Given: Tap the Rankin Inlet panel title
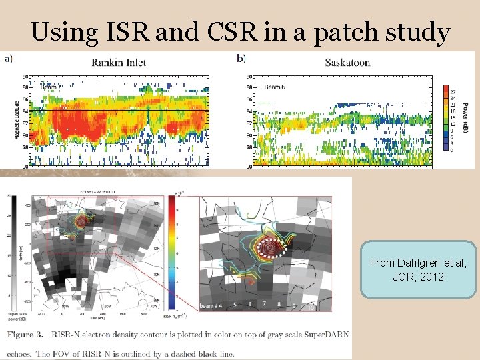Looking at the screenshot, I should coord(119,63).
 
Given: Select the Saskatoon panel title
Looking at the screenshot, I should coord(347,63).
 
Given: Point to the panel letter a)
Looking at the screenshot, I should coord(8,59).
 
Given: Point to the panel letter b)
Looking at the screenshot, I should coord(241,59).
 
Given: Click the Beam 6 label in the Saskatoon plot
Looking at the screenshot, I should coord(274,87).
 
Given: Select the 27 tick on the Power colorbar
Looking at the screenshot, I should coord(453,91).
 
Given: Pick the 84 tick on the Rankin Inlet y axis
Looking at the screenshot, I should coord(25,111).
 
